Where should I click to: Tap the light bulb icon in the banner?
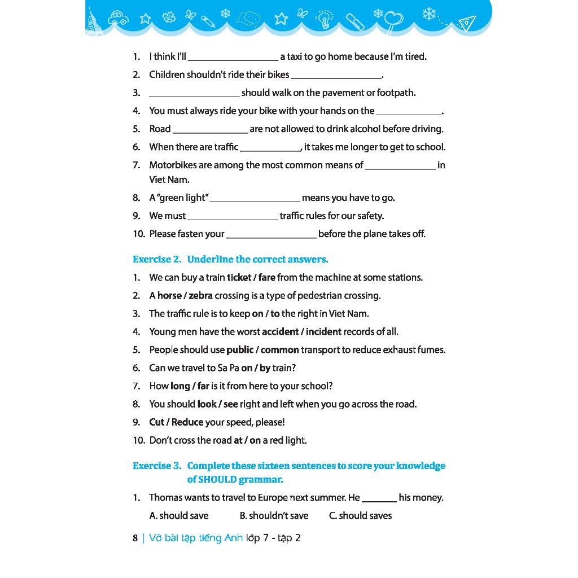(324, 19)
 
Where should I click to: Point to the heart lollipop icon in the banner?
(393, 21)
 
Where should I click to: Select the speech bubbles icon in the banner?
(248, 20)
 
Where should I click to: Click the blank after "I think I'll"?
(233, 57)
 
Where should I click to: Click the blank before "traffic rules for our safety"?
(233, 216)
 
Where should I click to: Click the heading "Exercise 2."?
(157, 260)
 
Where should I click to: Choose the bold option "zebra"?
(200, 296)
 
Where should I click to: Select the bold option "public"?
(240, 350)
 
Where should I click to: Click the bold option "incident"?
(320, 332)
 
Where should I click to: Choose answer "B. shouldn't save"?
(274, 516)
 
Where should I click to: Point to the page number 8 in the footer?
(135, 538)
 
